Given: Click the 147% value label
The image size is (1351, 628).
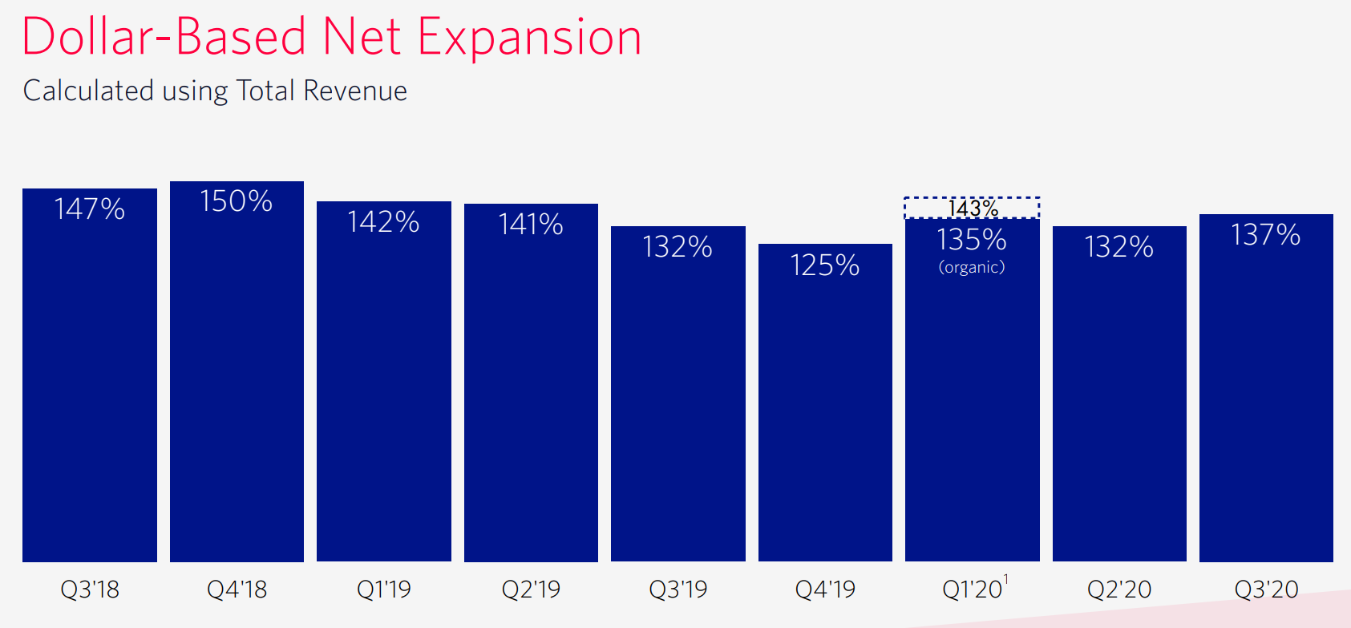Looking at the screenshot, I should pos(89,209).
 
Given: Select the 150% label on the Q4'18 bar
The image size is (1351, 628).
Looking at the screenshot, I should pos(237,201).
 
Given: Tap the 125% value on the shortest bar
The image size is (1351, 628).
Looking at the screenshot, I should pos(825,265).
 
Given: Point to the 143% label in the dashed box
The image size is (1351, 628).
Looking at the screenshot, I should pos(973,209).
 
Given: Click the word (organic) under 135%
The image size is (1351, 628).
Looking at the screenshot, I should pos(972,267).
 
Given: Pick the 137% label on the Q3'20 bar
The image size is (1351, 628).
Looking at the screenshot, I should pos(1266,235).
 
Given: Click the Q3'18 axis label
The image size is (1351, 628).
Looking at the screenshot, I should pos(89,590).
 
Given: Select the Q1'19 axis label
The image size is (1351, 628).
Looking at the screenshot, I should pos(383,590).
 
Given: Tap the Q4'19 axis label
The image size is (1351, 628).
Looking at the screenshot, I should pos(825,590).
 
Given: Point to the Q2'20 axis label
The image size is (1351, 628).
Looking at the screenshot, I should pos(1119,590).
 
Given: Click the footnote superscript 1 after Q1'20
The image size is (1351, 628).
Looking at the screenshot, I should pos(1006,579).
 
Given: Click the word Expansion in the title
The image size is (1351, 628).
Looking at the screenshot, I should pos(529,38).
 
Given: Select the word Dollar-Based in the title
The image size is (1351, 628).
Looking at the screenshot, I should pos(164,38).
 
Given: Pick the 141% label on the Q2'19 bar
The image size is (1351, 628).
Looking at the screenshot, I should pos(531,225).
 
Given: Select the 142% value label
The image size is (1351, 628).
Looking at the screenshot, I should pos(383,222).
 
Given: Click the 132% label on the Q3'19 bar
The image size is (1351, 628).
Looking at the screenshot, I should pos(678,247).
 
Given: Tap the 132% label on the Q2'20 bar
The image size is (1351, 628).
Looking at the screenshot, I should pos(1119,247).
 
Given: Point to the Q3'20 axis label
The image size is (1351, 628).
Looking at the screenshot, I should pos(1266,590).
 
